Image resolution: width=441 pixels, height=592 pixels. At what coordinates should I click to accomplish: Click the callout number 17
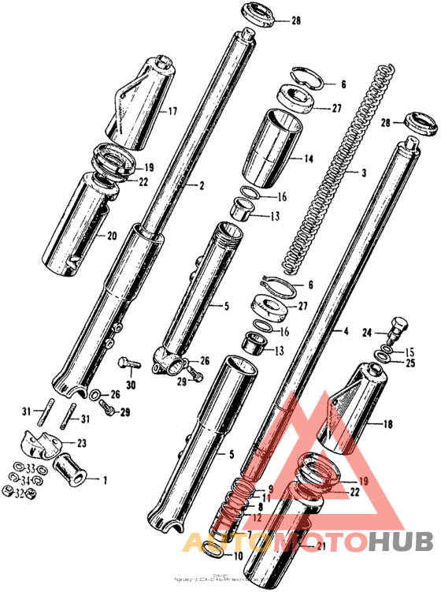(x=172, y=112)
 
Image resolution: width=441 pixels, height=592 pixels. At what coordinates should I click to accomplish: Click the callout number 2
(x=201, y=187)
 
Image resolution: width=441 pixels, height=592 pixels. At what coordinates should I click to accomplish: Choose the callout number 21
(x=319, y=545)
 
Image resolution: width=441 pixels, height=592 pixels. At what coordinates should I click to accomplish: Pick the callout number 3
(x=365, y=172)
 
